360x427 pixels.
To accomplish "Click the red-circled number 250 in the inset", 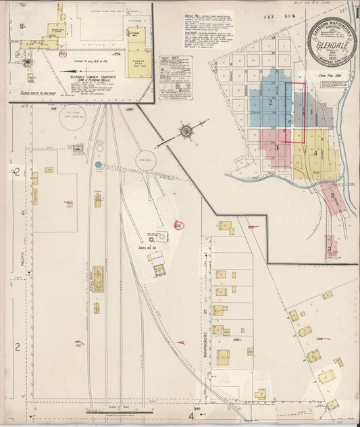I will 62,53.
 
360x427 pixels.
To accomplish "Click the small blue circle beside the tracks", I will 99,164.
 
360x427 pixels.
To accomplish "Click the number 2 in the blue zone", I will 270,103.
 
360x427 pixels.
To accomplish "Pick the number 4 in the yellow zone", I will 315,153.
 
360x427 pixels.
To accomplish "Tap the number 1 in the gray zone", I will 311,111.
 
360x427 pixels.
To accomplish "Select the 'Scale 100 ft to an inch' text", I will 38,91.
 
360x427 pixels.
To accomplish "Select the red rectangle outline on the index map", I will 294,112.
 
